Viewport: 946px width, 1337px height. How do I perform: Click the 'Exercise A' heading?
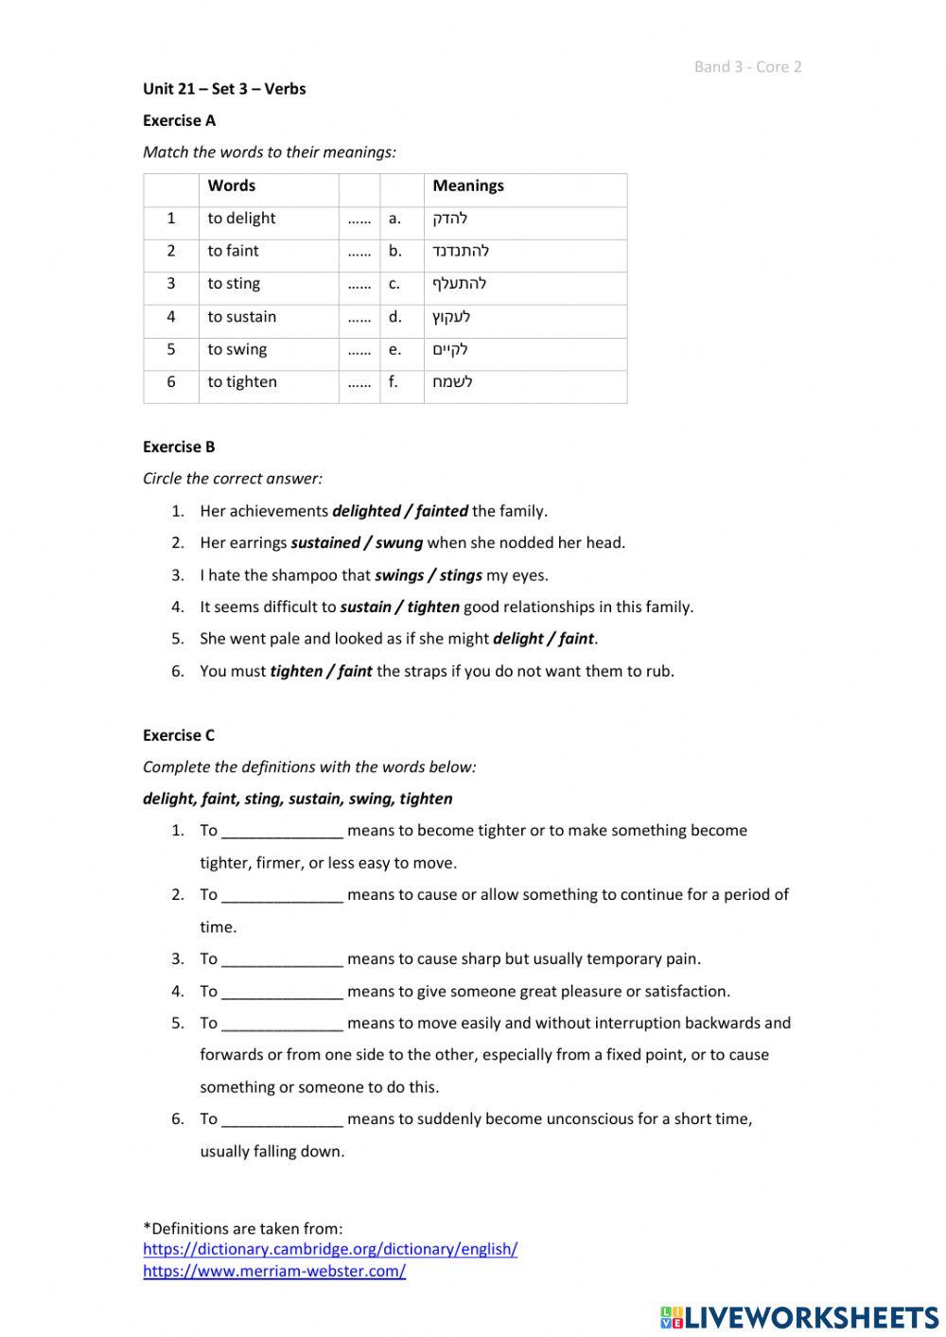tap(179, 120)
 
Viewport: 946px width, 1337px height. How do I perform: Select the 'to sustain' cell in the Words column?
tap(242, 317)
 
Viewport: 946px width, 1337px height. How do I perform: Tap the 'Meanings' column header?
tap(468, 185)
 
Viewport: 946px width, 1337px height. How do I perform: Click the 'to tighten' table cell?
tap(242, 382)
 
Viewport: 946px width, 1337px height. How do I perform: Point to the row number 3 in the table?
tap(171, 284)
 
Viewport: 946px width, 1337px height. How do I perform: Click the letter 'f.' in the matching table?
tap(394, 382)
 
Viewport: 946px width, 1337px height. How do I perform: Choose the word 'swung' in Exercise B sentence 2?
tap(399, 543)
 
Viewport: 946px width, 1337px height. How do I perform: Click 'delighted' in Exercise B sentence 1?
tap(366, 511)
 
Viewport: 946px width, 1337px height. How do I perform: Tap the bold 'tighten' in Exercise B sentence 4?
tap(433, 607)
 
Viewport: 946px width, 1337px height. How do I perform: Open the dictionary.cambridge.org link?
tap(330, 1249)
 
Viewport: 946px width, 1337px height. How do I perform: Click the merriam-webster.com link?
tap(274, 1271)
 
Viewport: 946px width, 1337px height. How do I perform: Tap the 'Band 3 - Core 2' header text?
tap(747, 66)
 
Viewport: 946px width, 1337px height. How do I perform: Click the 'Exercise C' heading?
tap(179, 735)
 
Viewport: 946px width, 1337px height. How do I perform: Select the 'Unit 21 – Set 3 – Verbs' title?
tap(224, 89)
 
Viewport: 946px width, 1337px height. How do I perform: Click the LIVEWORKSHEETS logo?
tap(799, 1316)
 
